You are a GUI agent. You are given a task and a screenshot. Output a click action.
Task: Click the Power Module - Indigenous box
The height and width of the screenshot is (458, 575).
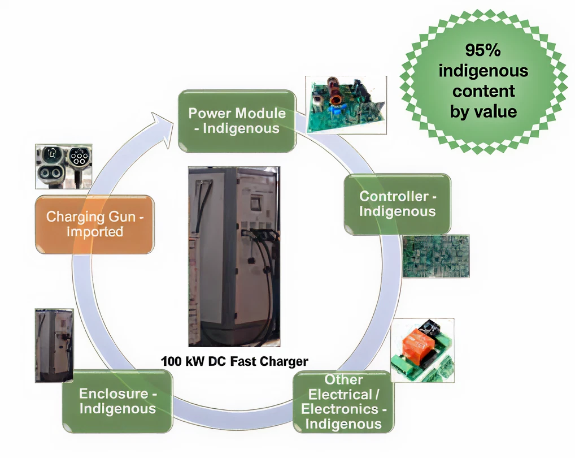tap(237, 121)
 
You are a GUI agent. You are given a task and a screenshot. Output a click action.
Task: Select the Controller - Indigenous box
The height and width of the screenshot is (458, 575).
tap(397, 204)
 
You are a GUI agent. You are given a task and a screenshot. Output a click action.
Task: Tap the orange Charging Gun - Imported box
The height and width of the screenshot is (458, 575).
tap(94, 224)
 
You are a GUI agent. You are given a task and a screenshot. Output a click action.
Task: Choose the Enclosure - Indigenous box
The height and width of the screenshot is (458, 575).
tap(117, 401)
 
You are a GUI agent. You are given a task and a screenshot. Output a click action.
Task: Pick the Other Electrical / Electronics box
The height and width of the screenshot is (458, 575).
tap(343, 401)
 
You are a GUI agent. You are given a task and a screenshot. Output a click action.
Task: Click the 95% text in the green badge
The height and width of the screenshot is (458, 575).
tap(483, 50)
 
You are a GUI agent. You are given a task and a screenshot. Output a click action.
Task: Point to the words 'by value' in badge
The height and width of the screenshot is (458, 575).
tap(483, 111)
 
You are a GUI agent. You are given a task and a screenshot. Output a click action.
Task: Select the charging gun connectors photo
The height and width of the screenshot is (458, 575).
tap(63, 166)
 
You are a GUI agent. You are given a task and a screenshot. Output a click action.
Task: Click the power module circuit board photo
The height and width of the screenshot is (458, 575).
tap(346, 105)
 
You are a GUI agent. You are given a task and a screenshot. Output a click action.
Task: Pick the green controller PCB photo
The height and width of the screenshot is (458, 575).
tap(435, 256)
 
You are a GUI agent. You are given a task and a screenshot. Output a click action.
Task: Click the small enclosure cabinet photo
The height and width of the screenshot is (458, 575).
tap(54, 345)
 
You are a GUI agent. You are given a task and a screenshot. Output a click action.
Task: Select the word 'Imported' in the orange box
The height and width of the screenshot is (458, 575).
tap(94, 232)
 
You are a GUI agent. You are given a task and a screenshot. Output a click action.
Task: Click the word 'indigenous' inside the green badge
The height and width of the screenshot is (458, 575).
tap(483, 71)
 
